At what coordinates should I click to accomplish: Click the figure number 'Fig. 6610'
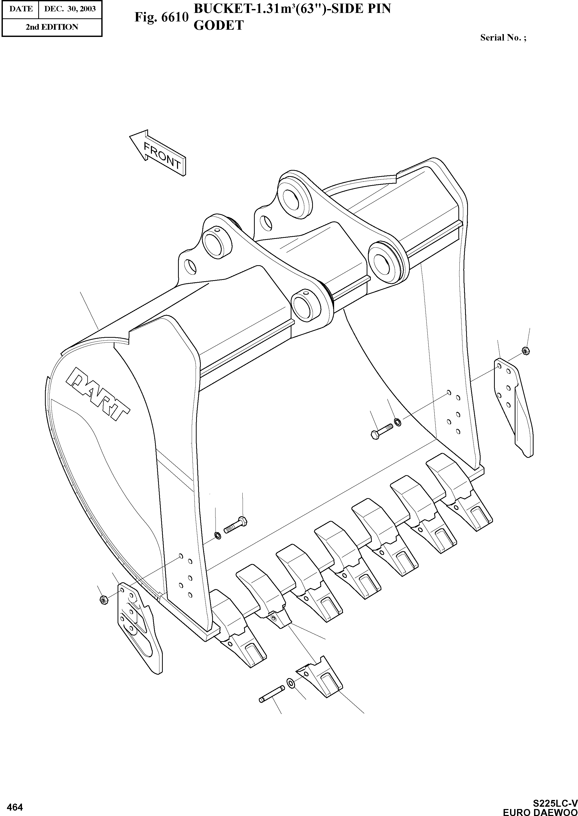pos(161,17)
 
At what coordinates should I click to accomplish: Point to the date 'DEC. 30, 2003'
pos(70,9)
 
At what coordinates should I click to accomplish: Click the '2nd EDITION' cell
pos(52,27)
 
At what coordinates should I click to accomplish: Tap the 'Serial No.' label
pos(503,38)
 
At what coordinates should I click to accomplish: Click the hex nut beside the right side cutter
pos(525,351)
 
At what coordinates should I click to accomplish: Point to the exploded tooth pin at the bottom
pos(272,694)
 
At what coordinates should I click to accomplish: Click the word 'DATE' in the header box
pos(21,9)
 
